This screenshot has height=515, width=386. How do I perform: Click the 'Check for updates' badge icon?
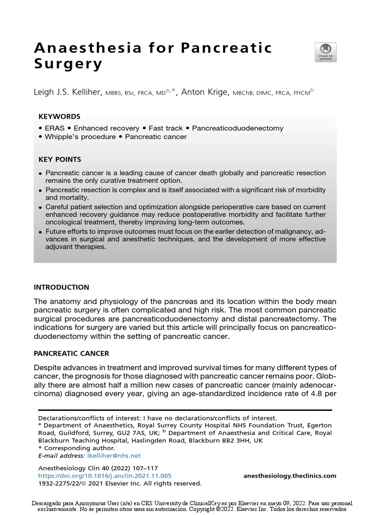pos(325,52)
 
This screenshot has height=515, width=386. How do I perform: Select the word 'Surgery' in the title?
pos(68,65)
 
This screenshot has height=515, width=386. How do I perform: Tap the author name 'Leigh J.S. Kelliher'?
pos(68,92)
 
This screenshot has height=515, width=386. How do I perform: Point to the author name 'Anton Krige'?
pos(205,92)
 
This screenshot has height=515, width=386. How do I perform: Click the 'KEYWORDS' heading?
pos(59,116)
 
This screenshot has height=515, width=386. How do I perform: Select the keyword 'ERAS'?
pos(55,128)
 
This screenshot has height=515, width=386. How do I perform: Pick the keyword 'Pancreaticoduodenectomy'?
pos(237,128)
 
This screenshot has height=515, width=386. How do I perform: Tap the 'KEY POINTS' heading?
pos(60,159)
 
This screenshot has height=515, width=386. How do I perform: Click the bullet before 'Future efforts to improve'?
pos(40,233)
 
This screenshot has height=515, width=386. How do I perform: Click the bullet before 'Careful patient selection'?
pos(40,207)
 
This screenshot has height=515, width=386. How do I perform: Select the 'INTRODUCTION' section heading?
pos(61,287)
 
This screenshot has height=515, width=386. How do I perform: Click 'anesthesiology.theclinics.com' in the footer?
pos(289,476)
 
